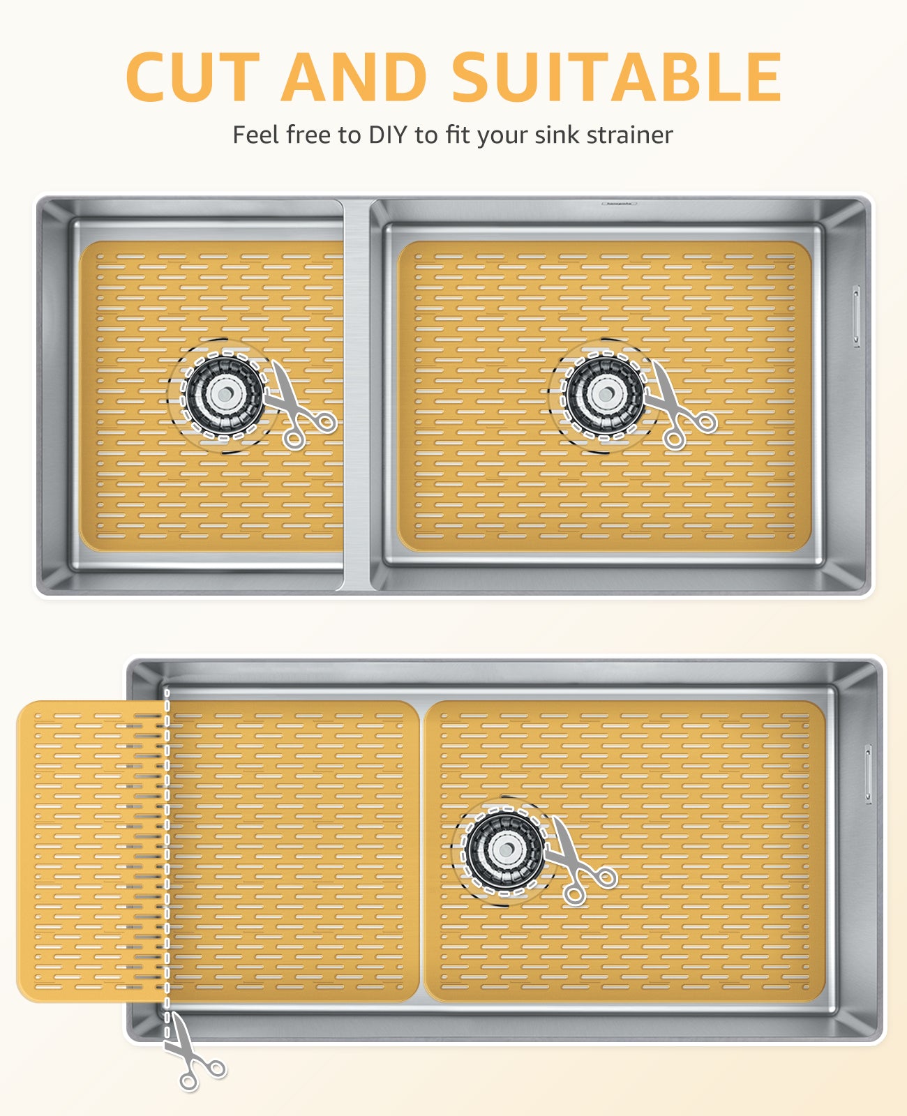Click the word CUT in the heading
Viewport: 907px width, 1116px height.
193,77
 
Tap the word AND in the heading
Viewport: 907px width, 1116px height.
354,77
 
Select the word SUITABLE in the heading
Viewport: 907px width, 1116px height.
617,77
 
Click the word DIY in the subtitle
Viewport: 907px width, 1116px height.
388,135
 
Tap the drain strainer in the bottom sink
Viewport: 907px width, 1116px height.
505,850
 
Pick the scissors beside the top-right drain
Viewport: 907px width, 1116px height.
680,407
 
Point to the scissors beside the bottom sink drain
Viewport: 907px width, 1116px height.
580,862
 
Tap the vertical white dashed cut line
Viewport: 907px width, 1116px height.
167,864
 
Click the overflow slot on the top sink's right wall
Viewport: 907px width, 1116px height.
855,317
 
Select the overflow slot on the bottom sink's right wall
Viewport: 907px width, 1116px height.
868,774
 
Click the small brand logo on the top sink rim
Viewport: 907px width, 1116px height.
619,203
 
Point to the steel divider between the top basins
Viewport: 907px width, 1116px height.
357,395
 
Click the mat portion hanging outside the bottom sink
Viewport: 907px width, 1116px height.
91,851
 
